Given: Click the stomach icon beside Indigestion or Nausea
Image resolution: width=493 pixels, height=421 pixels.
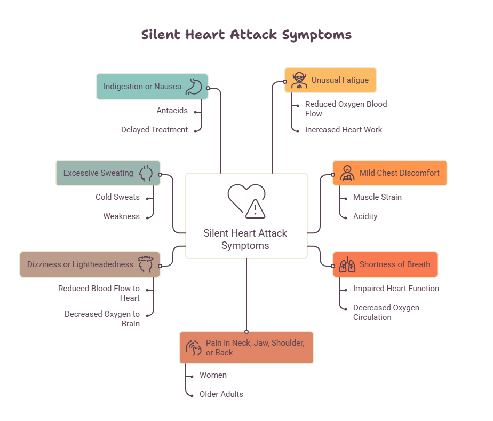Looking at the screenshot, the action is (x=194, y=87).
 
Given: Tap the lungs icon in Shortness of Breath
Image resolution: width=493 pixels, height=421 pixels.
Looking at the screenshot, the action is (x=347, y=264).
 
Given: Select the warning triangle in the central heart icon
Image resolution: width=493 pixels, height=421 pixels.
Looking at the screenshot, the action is (x=255, y=209).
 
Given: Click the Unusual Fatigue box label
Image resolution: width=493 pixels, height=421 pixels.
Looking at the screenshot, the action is (x=340, y=80).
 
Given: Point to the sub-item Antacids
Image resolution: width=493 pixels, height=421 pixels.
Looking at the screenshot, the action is (x=172, y=111).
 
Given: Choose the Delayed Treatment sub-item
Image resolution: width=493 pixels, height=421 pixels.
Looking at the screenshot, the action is (x=154, y=130).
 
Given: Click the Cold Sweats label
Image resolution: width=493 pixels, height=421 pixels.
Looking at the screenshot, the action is (x=117, y=197).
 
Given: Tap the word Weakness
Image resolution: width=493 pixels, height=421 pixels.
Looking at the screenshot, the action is (x=121, y=216).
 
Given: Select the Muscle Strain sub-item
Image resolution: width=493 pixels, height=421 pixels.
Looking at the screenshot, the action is (x=377, y=197).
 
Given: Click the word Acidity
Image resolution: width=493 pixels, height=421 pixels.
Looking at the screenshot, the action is (x=365, y=216).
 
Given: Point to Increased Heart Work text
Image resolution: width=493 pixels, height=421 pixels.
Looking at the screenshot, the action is (x=344, y=130).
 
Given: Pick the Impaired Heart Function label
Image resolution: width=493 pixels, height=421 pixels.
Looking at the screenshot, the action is (x=396, y=289).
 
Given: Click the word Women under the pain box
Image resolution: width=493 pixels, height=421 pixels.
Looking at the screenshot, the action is (x=213, y=375).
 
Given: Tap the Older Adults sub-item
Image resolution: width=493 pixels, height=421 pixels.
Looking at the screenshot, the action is (x=221, y=394).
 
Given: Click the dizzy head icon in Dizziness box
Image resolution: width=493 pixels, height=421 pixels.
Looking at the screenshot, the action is (x=146, y=264).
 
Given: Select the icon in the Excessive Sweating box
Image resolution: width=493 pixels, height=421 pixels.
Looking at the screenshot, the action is (x=146, y=173).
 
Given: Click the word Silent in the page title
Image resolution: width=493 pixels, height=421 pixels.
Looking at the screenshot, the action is (x=161, y=34).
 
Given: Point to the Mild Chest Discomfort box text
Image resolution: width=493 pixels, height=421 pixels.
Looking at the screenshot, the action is (x=399, y=173).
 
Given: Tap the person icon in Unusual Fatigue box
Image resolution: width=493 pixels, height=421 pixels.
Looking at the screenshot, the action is (x=299, y=80).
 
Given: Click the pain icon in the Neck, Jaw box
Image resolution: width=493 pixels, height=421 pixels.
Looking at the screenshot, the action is (x=193, y=348).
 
